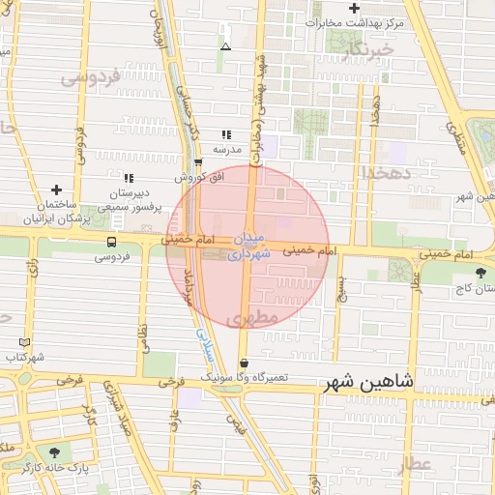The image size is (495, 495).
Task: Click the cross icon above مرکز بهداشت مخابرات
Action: pyautogui.click(x=355, y=9)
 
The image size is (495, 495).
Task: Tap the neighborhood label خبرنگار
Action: pyautogui.click(x=373, y=48)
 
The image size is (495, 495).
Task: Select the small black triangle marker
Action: pyautogui.click(x=225, y=45)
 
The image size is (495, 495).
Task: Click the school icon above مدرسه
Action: pyautogui.click(x=226, y=135)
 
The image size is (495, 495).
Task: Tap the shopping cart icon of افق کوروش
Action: pyautogui.click(x=198, y=162)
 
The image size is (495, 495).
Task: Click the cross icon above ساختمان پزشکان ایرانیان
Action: pyautogui.click(x=56, y=189)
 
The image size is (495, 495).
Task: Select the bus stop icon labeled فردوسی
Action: pyautogui.click(x=113, y=242)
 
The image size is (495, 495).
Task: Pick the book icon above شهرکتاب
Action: pyautogui.click(x=24, y=342)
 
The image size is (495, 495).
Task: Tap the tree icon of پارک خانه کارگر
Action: pyautogui.click(x=54, y=451)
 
